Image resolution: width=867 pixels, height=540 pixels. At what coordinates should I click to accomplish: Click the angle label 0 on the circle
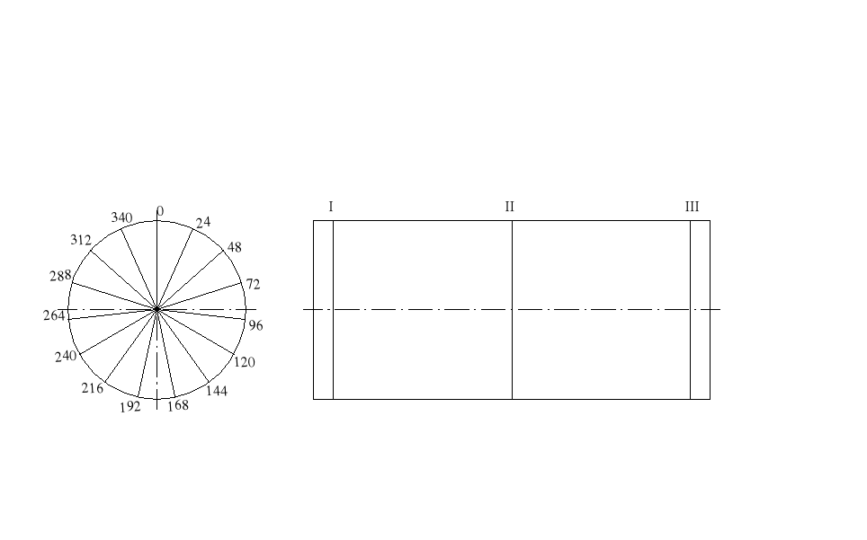(x=160, y=211)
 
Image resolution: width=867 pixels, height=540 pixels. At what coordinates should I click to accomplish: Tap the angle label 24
(x=203, y=222)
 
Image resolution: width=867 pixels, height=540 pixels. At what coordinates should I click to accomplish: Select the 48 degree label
(x=235, y=247)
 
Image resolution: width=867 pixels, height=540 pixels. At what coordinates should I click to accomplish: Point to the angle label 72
(x=254, y=284)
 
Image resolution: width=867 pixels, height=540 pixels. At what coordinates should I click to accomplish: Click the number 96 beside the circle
(x=255, y=326)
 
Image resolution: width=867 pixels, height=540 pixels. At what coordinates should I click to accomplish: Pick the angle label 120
(x=245, y=362)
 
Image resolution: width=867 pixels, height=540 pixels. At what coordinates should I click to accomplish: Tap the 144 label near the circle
(x=217, y=391)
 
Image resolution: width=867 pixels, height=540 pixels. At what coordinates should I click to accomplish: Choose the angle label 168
(x=178, y=405)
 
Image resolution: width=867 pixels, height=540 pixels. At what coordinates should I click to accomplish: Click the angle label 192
(x=130, y=407)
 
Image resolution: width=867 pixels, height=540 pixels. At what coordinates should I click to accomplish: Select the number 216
(x=93, y=389)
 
